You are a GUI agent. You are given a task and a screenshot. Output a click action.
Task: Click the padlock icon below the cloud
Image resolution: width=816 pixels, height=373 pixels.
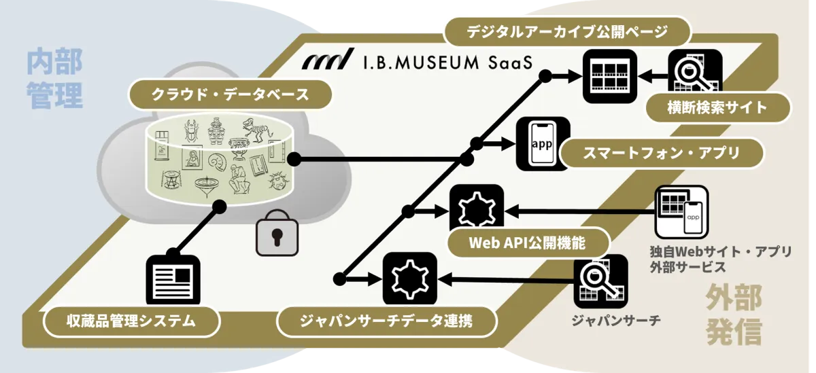[x=277, y=233]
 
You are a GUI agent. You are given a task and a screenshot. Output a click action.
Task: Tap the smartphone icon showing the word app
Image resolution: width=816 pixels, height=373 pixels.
[x=543, y=144]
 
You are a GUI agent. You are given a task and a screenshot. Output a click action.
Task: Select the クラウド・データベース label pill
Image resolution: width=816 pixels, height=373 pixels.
[x=230, y=94]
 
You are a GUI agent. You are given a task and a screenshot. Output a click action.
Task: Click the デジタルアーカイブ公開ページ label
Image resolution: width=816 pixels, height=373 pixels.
[x=567, y=32]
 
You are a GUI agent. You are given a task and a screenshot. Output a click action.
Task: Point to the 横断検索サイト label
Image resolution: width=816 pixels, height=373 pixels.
[x=717, y=108]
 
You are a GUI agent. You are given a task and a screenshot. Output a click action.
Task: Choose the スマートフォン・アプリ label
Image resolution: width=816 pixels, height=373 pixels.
[x=661, y=153]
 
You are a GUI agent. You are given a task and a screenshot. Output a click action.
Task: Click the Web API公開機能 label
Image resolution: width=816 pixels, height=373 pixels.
[x=528, y=243]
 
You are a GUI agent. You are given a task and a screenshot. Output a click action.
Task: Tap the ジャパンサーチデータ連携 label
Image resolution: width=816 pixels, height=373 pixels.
[x=386, y=321]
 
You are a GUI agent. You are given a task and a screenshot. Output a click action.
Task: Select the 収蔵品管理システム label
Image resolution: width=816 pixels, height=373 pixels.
[x=131, y=321]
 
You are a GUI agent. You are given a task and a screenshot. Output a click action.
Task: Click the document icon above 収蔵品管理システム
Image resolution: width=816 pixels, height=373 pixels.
[x=173, y=280]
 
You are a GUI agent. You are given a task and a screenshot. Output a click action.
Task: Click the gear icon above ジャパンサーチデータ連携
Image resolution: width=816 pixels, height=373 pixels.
[x=410, y=279]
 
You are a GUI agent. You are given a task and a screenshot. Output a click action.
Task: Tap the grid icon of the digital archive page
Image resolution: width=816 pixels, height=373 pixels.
[x=610, y=76]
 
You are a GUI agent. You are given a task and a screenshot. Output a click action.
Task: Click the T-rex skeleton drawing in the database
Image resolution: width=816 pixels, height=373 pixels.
[x=257, y=130]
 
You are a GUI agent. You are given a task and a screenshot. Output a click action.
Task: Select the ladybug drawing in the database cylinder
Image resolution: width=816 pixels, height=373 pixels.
[x=279, y=181]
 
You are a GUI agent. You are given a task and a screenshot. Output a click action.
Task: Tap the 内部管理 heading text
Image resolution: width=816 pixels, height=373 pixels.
[x=54, y=79]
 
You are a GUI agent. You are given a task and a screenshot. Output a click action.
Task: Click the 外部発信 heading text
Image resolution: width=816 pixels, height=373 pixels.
[x=734, y=315]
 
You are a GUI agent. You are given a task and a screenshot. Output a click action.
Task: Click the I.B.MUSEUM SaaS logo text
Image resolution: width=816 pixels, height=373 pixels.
[x=418, y=60]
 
